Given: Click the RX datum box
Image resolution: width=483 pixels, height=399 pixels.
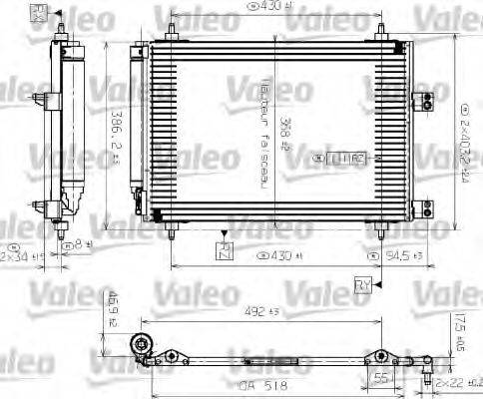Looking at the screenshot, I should (x=39, y=11).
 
